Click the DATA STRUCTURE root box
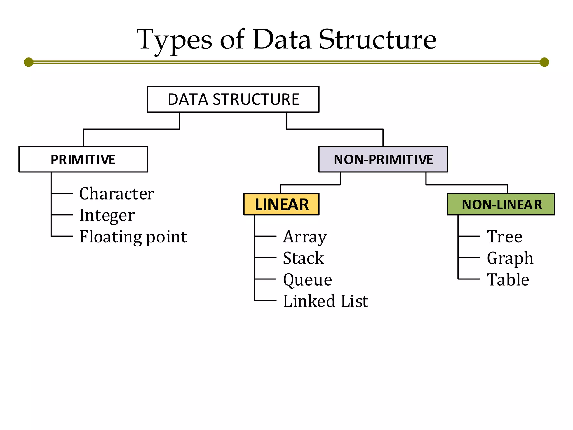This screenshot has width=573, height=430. pyautogui.click(x=233, y=99)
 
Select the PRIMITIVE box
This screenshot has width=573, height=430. pyautogui.click(x=83, y=159)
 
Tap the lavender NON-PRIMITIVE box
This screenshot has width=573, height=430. pyautogui.click(x=383, y=159)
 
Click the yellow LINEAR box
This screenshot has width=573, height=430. pyautogui.click(x=281, y=204)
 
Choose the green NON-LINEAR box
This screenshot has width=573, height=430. pyautogui.click(x=501, y=204)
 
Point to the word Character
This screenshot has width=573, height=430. pyautogui.click(x=116, y=193)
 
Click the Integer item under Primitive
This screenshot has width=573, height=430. pyautogui.click(x=107, y=215)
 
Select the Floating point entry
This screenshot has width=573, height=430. pyautogui.click(x=133, y=237)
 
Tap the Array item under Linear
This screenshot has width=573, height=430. pyautogui.click(x=305, y=237)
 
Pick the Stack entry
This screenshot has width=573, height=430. pyautogui.click(x=303, y=258)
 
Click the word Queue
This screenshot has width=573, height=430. pyautogui.click(x=307, y=280)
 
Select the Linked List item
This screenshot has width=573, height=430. pyautogui.click(x=325, y=301)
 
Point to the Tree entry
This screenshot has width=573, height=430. pyautogui.click(x=504, y=237)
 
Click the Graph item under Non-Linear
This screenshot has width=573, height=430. pyautogui.click(x=510, y=258)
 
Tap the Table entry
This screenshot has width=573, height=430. pyautogui.click(x=508, y=280)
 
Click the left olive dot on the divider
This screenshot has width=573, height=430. pyautogui.click(x=29, y=62)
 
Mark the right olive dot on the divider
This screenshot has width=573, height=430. pyautogui.click(x=544, y=62)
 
